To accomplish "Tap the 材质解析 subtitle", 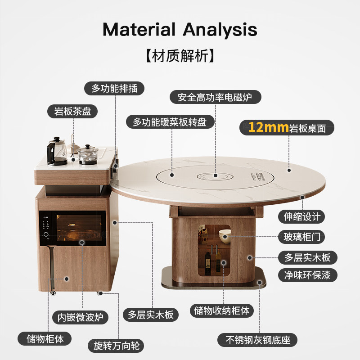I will pyautogui.click(x=180, y=56).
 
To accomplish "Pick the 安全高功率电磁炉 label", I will pyautogui.click(x=216, y=97).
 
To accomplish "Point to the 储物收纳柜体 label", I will pyautogui.click(x=222, y=310).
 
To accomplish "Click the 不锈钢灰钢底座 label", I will pyautogui.click(x=257, y=340).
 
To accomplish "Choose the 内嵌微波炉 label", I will pyautogui.click(x=78, y=317).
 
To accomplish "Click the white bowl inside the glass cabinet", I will pyautogui.click(x=224, y=234).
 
